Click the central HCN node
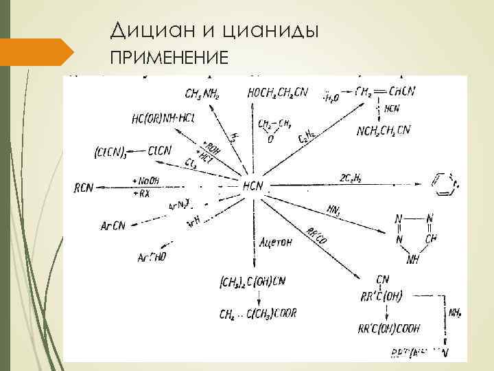point(252,186)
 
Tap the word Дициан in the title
point(149,31)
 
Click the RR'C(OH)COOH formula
point(388,328)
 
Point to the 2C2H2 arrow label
point(350,178)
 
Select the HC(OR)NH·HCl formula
point(163,118)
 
